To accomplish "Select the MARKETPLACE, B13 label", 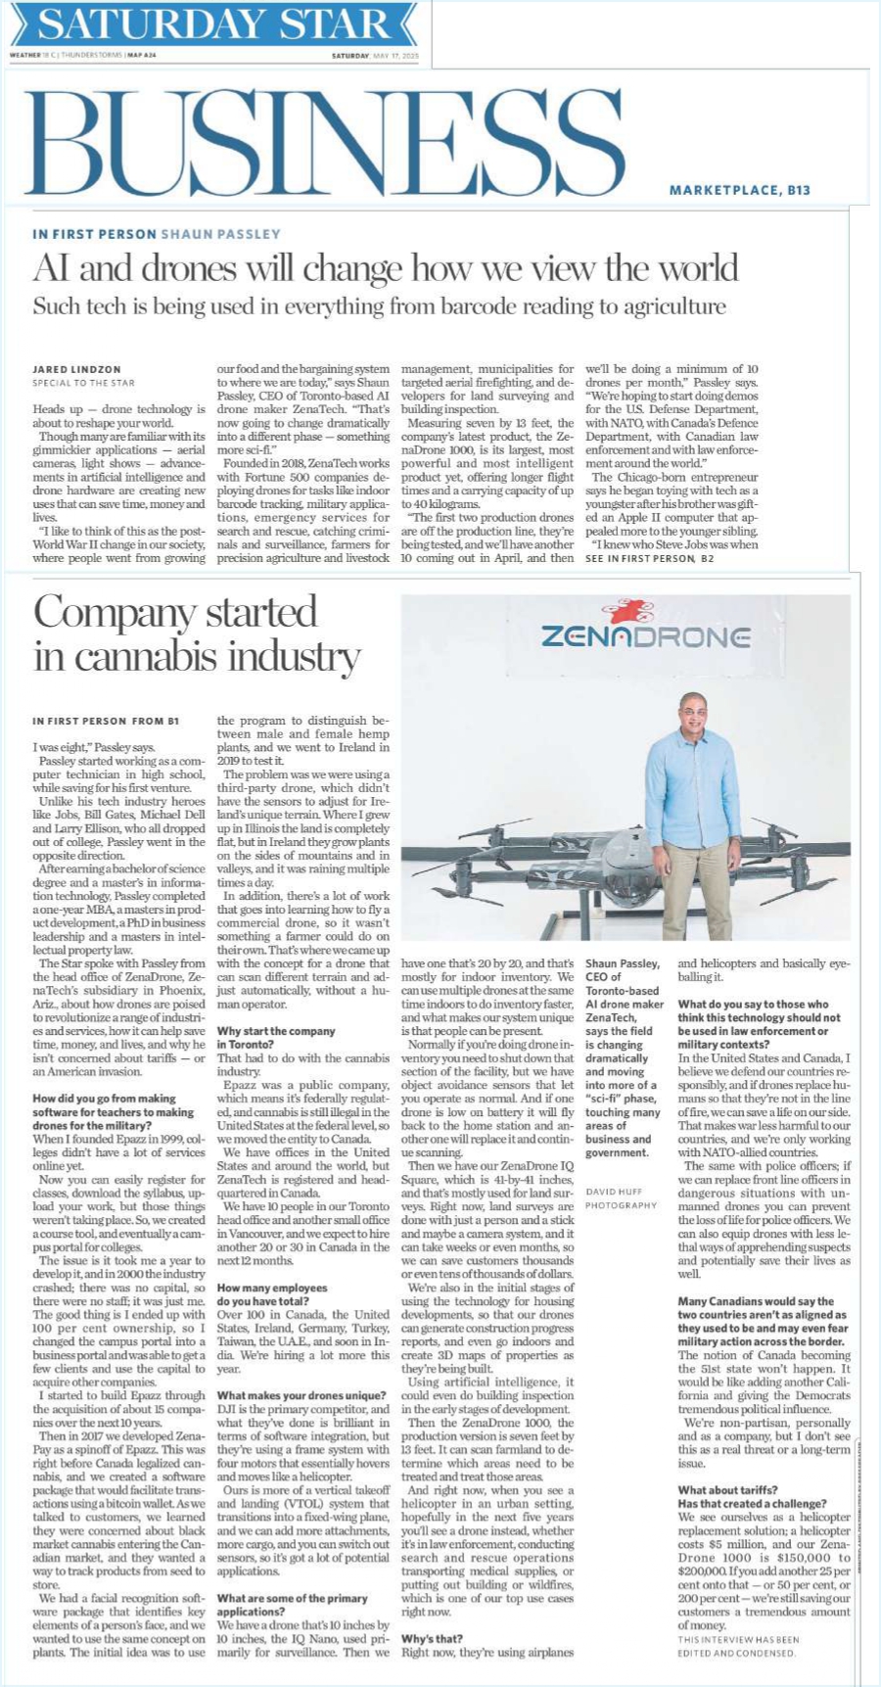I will tap(739, 190).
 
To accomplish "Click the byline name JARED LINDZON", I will tap(76, 369).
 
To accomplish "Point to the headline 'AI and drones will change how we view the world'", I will tap(386, 268).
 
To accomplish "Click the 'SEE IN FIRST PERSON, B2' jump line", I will tap(649, 557).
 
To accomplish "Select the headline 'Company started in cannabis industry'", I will tap(197, 633).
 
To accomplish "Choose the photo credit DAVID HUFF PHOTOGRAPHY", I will tap(621, 1198).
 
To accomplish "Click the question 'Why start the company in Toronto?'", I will tap(276, 1038).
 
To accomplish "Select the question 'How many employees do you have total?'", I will tap(272, 1294).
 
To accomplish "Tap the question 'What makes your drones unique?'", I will tap(301, 1395).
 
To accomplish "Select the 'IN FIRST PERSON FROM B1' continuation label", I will tap(106, 721).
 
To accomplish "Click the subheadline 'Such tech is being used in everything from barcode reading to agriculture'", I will tap(380, 306).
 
